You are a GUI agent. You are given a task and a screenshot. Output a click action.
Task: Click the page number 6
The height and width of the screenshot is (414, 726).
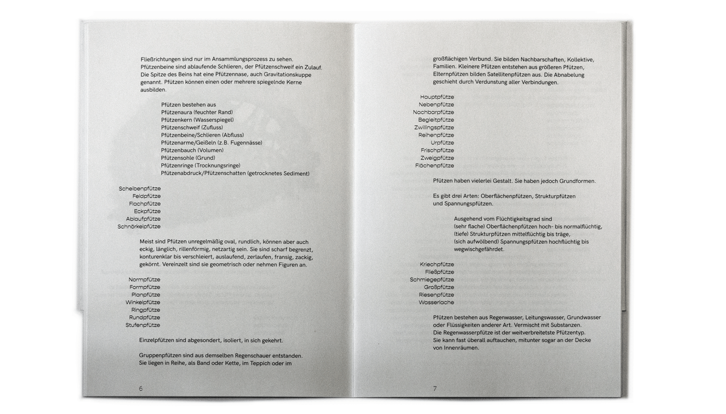(141, 388)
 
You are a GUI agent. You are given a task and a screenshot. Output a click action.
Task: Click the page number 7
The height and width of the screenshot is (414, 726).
(435, 388)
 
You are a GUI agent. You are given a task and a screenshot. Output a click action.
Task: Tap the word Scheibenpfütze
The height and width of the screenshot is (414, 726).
(139, 189)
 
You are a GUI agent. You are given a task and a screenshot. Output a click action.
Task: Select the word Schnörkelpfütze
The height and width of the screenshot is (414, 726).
(139, 226)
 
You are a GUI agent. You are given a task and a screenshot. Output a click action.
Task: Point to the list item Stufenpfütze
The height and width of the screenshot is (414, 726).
(143, 325)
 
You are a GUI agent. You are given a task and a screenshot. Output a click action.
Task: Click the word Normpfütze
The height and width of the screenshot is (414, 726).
(144, 280)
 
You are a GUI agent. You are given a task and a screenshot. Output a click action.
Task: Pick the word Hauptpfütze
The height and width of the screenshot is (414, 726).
(437, 97)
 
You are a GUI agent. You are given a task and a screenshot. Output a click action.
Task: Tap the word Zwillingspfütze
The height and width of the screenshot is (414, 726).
(434, 127)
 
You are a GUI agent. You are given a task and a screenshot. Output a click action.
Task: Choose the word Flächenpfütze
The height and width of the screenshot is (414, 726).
(435, 165)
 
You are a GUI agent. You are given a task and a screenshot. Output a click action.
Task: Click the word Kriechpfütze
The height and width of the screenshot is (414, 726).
(437, 265)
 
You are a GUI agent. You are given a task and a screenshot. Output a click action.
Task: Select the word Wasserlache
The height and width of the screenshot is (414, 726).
(436, 302)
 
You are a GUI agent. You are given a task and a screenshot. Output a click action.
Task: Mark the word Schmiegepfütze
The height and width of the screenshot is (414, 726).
(432, 280)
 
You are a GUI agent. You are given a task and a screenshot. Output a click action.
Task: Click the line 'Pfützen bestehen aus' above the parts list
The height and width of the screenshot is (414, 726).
(188, 104)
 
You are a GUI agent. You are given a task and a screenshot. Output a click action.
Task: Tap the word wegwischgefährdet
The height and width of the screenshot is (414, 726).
(479, 249)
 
